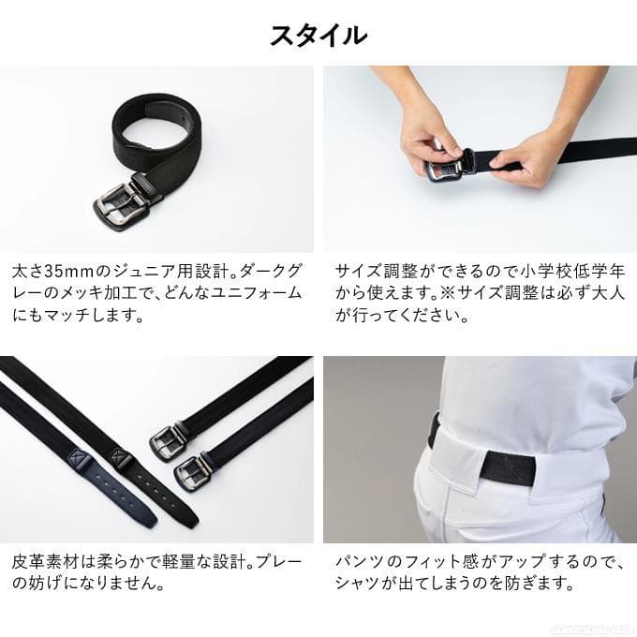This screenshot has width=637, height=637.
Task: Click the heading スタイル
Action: pyautogui.click(x=318, y=35)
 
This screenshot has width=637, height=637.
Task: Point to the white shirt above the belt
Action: pyautogui.click(x=525, y=393)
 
